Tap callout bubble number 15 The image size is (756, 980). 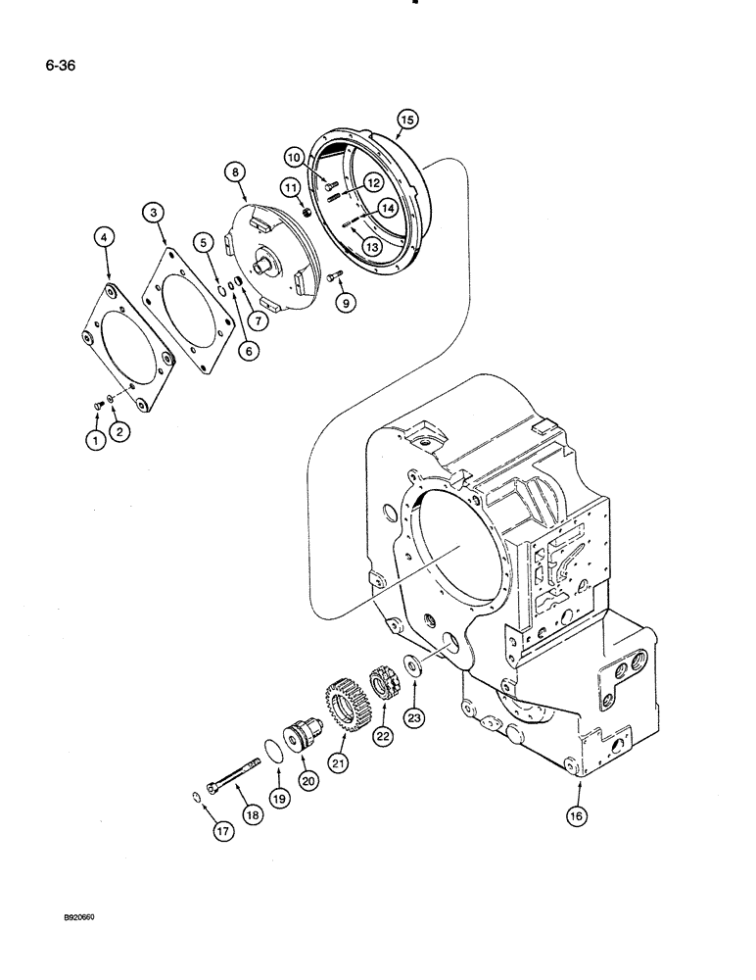click(405, 120)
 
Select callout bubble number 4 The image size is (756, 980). click(106, 236)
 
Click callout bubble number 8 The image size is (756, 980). click(235, 174)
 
